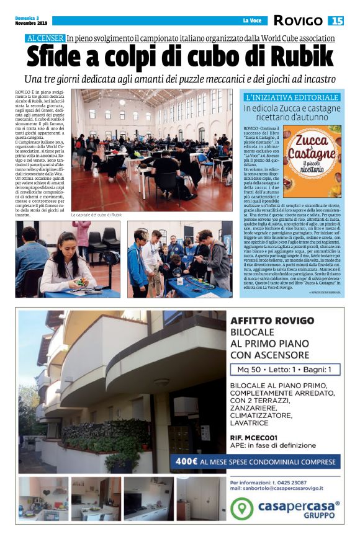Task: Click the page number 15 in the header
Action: click(337, 21)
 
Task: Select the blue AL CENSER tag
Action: click(45, 38)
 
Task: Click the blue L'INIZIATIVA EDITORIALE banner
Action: click(292, 98)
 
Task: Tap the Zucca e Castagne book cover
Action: click(317, 161)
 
